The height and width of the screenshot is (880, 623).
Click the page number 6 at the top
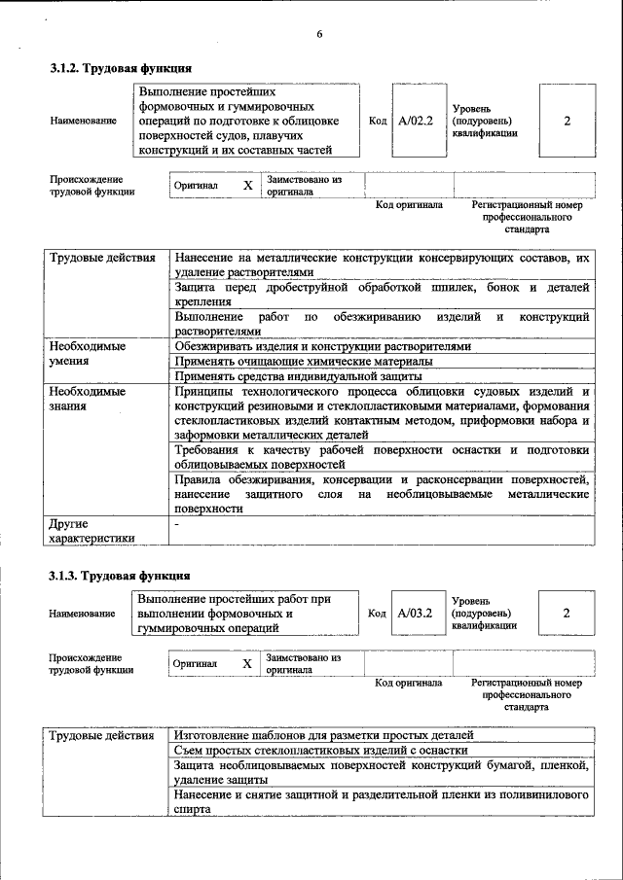[x=318, y=35]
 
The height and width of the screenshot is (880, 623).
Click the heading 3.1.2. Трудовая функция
[x=121, y=69]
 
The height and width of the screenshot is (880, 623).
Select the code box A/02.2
[x=416, y=121]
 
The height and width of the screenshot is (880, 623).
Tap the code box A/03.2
[x=416, y=613]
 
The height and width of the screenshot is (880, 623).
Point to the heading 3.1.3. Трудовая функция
[x=121, y=576]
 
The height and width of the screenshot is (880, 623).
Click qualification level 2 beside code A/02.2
[x=568, y=121]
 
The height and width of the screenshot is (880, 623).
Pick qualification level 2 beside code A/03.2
[x=568, y=613]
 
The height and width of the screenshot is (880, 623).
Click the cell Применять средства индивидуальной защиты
[x=298, y=375]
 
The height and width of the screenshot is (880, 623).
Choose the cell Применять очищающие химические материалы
[x=304, y=361]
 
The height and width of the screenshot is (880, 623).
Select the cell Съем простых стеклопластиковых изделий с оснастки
[x=321, y=750]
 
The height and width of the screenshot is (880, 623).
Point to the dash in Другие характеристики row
[x=176, y=524]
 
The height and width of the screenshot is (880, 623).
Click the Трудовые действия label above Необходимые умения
[x=102, y=259]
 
